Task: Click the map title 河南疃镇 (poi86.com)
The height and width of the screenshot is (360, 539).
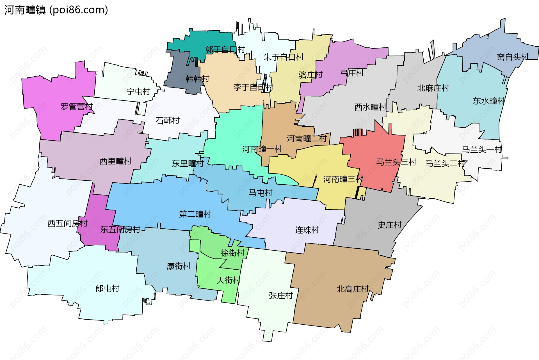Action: pyautogui.click(x=56, y=10)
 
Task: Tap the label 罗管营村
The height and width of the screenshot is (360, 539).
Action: pyautogui.click(x=77, y=107)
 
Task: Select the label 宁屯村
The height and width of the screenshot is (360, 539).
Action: pyautogui.click(x=138, y=91)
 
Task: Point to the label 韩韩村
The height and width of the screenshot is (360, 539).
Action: pyautogui.click(x=197, y=79)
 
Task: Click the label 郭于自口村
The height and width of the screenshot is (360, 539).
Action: pyautogui.click(x=225, y=50)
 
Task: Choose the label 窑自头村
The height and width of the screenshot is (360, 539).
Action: pyautogui.click(x=513, y=57)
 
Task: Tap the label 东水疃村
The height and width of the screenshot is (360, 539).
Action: pyautogui.click(x=489, y=101)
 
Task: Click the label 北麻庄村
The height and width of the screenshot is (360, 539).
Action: pyautogui.click(x=433, y=88)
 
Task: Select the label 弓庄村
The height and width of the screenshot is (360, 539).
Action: pyautogui.click(x=352, y=73)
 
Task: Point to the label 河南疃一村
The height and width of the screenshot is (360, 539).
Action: pyautogui.click(x=262, y=149)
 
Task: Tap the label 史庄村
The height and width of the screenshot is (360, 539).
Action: pyautogui.click(x=389, y=225)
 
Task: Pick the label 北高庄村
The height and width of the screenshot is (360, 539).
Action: pyautogui.click(x=352, y=289)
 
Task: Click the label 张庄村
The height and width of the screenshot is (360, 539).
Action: pyautogui.click(x=281, y=295)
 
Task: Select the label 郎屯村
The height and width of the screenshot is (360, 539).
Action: pyautogui.click(x=107, y=288)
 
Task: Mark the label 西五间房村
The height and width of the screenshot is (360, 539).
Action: pyautogui.click(x=68, y=223)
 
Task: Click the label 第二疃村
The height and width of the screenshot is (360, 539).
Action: pyautogui.click(x=195, y=214)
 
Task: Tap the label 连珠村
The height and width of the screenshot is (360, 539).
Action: pyautogui.click(x=307, y=230)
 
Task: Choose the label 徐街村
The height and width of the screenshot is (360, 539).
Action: pyautogui.click(x=232, y=253)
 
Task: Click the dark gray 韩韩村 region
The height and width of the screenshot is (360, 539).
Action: pyautogui.click(x=180, y=67)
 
